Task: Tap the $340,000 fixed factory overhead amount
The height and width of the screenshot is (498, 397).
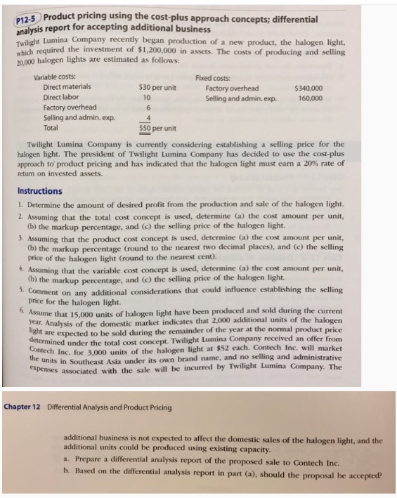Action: coord(309,88)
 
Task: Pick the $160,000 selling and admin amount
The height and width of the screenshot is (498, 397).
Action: coord(309,98)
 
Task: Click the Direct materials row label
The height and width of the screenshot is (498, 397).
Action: coord(66,87)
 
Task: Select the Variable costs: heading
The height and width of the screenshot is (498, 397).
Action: coord(56,76)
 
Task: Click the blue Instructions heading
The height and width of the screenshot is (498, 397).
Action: coord(39,191)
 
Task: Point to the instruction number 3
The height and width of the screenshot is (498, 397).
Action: coord(20,239)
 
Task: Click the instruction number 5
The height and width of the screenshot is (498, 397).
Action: coord(21,288)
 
